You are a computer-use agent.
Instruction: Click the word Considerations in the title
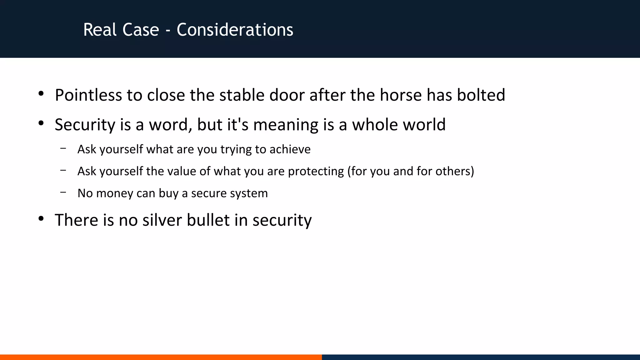(x=235, y=30)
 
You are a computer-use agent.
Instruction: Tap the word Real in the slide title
(x=95, y=30)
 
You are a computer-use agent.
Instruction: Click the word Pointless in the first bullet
(x=88, y=95)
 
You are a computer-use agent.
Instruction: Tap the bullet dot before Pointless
(x=41, y=94)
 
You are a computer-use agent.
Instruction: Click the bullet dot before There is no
(x=41, y=219)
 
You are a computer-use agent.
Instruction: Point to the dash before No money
(x=63, y=192)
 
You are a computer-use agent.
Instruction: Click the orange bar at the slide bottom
(x=161, y=357)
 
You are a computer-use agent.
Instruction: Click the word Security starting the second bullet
(x=85, y=125)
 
